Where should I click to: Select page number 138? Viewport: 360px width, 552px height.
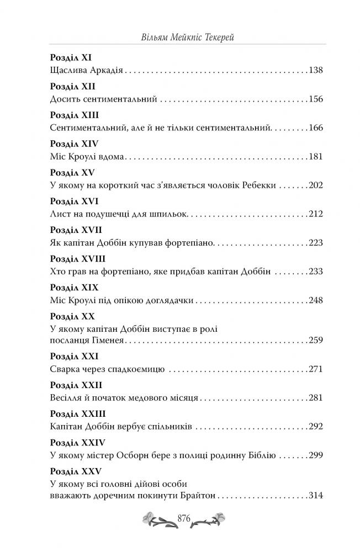(x=315, y=71)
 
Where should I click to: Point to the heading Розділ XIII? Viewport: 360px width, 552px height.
(x=70, y=114)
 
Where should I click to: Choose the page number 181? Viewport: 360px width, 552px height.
(x=315, y=157)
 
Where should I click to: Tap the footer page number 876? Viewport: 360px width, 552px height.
(x=184, y=518)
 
